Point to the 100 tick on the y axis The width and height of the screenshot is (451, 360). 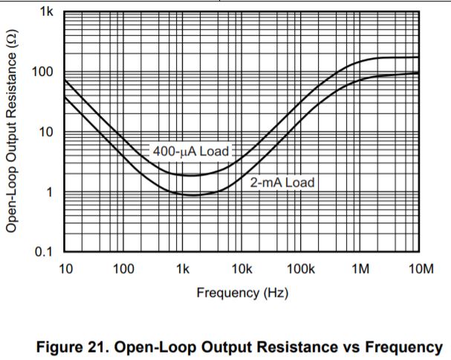tap(43, 73)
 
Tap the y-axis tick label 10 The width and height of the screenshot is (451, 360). tap(46, 133)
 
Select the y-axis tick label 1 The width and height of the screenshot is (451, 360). tap(49, 193)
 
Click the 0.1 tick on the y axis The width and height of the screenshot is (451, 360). tap(43, 252)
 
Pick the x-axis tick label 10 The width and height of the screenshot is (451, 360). tap(65, 269)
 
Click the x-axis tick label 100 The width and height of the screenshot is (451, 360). tap(123, 269)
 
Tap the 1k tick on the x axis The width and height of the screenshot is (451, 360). tap(183, 269)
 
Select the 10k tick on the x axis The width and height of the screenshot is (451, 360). tap(241, 269)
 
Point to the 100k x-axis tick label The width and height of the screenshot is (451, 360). tap(300, 269)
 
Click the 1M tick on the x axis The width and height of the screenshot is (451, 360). tap(360, 269)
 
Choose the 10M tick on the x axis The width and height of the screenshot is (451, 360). tap(418, 269)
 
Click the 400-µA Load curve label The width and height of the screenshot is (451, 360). tap(191, 151)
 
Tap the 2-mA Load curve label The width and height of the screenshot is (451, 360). tap(282, 182)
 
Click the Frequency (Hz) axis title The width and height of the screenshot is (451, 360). tap(242, 292)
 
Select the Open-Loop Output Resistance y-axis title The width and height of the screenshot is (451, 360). tap(13, 131)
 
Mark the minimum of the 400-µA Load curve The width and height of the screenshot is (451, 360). tap(192, 175)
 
